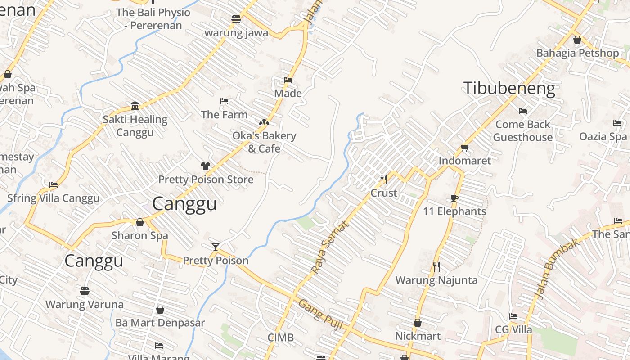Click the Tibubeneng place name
click(509, 88)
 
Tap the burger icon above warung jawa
click(236, 19)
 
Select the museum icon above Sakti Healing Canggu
click(135, 106)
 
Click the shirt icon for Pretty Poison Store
click(206, 166)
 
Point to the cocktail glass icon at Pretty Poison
click(216, 247)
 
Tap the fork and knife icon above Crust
click(384, 180)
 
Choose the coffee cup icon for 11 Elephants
click(454, 198)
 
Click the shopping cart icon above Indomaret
click(464, 147)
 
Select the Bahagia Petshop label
click(577, 53)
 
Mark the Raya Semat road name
click(330, 247)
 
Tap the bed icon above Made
click(288, 80)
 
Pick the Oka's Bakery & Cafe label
click(264, 142)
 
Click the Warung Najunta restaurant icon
click(436, 267)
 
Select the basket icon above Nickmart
click(418, 323)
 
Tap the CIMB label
click(280, 337)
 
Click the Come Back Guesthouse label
click(523, 130)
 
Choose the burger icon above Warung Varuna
click(84, 291)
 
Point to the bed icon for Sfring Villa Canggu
click(54, 184)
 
